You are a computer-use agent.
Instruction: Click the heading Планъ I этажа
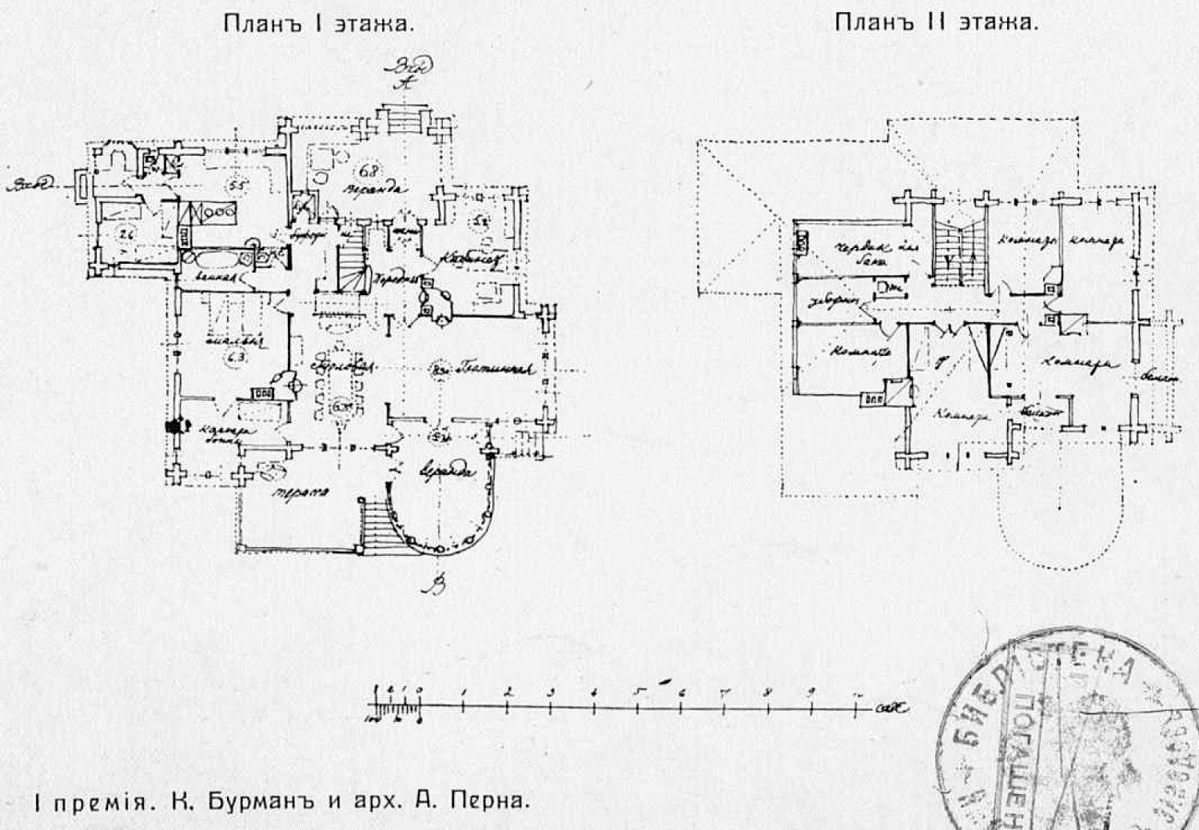click(x=318, y=23)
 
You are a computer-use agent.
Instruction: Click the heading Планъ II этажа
click(x=936, y=22)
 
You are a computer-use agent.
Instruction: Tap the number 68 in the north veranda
click(x=369, y=170)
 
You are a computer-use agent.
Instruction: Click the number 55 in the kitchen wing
click(x=236, y=185)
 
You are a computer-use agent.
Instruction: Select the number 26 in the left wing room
click(x=124, y=233)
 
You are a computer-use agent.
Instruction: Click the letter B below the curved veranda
click(x=436, y=588)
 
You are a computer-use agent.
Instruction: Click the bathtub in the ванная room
click(x=211, y=259)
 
